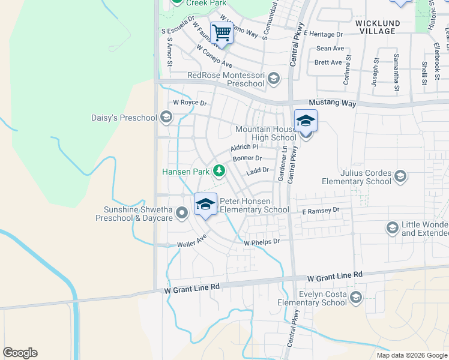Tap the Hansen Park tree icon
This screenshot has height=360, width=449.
[220, 172]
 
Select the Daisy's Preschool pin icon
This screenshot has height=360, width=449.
[166, 118]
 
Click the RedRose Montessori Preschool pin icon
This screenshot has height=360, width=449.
[273, 78]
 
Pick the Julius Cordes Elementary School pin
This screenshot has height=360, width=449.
[400, 176]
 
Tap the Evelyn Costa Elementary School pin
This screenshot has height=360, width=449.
[356, 298]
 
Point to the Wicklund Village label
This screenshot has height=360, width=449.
[376, 26]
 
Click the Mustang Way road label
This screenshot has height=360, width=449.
[332, 104]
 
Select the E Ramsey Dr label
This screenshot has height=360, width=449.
[321, 211]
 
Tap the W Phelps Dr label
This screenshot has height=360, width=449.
[262, 242]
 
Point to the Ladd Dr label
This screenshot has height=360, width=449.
[257, 170]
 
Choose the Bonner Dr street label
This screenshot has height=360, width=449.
[247, 158]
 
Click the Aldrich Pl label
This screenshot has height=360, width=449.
[244, 147]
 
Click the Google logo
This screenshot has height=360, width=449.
[20, 353]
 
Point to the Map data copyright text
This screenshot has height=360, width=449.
[411, 355]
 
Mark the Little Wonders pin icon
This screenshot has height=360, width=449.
[393, 227]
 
